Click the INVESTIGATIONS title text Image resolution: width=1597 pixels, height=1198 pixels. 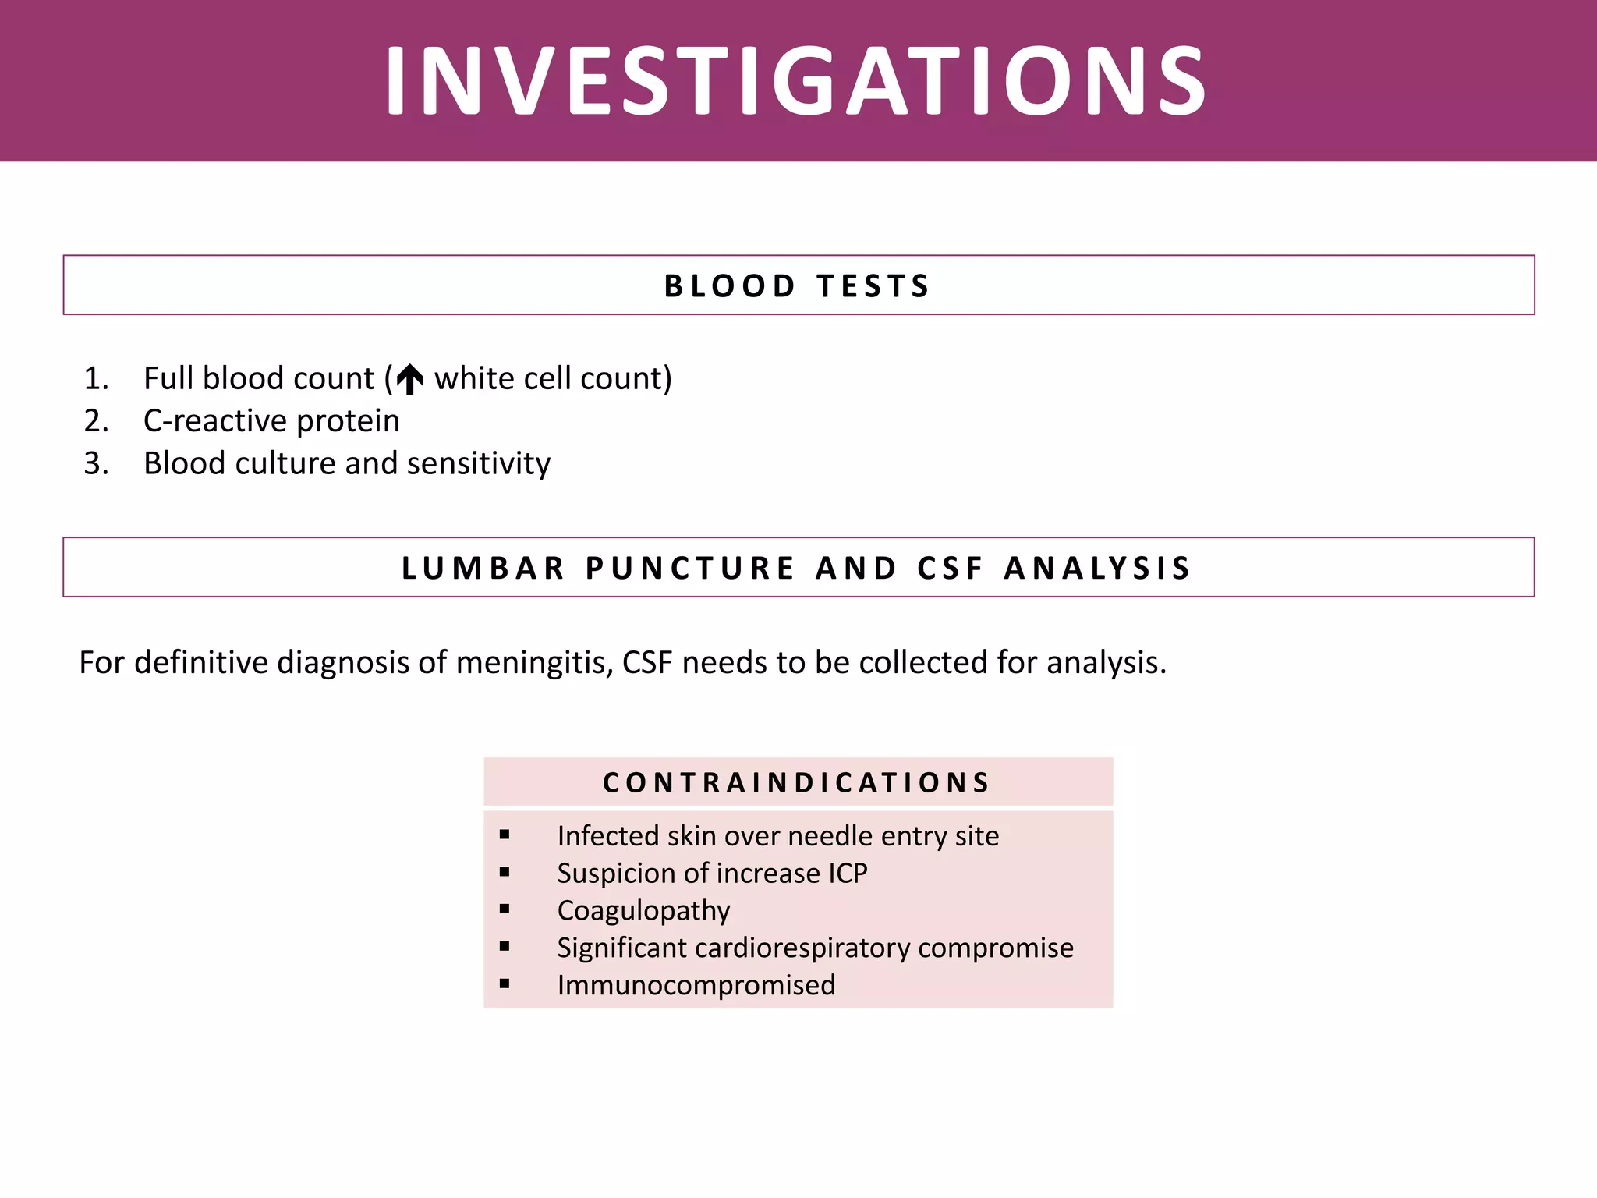click(796, 81)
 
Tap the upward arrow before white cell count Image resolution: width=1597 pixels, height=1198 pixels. click(409, 380)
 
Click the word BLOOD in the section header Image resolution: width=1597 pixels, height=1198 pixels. click(730, 286)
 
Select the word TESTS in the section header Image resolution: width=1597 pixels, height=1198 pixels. click(873, 286)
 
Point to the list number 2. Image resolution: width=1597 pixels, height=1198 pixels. click(96, 421)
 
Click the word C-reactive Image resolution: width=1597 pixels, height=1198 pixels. click(214, 421)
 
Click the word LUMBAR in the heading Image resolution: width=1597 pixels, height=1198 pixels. click(483, 568)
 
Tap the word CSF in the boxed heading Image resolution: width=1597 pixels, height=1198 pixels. click(950, 568)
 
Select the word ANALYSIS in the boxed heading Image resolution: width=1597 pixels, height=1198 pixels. click(1097, 568)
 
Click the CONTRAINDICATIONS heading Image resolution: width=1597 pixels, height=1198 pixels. click(796, 782)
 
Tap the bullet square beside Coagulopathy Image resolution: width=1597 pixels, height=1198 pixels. click(505, 909)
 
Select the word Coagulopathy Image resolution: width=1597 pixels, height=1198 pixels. click(643, 911)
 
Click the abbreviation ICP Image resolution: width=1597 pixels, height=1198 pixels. click(848, 874)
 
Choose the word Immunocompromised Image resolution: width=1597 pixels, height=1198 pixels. click(696, 985)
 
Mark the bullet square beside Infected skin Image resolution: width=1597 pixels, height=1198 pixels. click(505, 835)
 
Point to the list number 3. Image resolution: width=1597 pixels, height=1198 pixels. click(96, 464)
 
